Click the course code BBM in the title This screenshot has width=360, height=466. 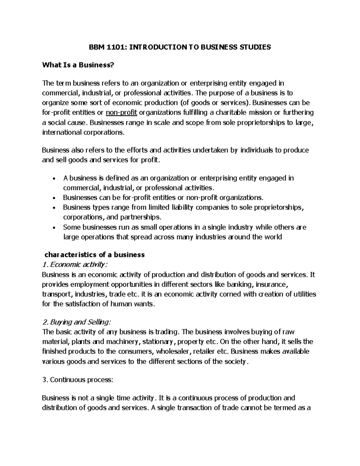pyautogui.click(x=95, y=47)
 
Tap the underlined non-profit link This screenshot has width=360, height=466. pyautogui.click(x=121, y=113)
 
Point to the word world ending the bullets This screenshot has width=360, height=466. pyautogui.click(x=273, y=237)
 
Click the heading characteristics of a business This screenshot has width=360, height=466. pyautogui.click(x=94, y=255)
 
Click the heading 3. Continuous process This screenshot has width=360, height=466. pyautogui.click(x=78, y=380)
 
